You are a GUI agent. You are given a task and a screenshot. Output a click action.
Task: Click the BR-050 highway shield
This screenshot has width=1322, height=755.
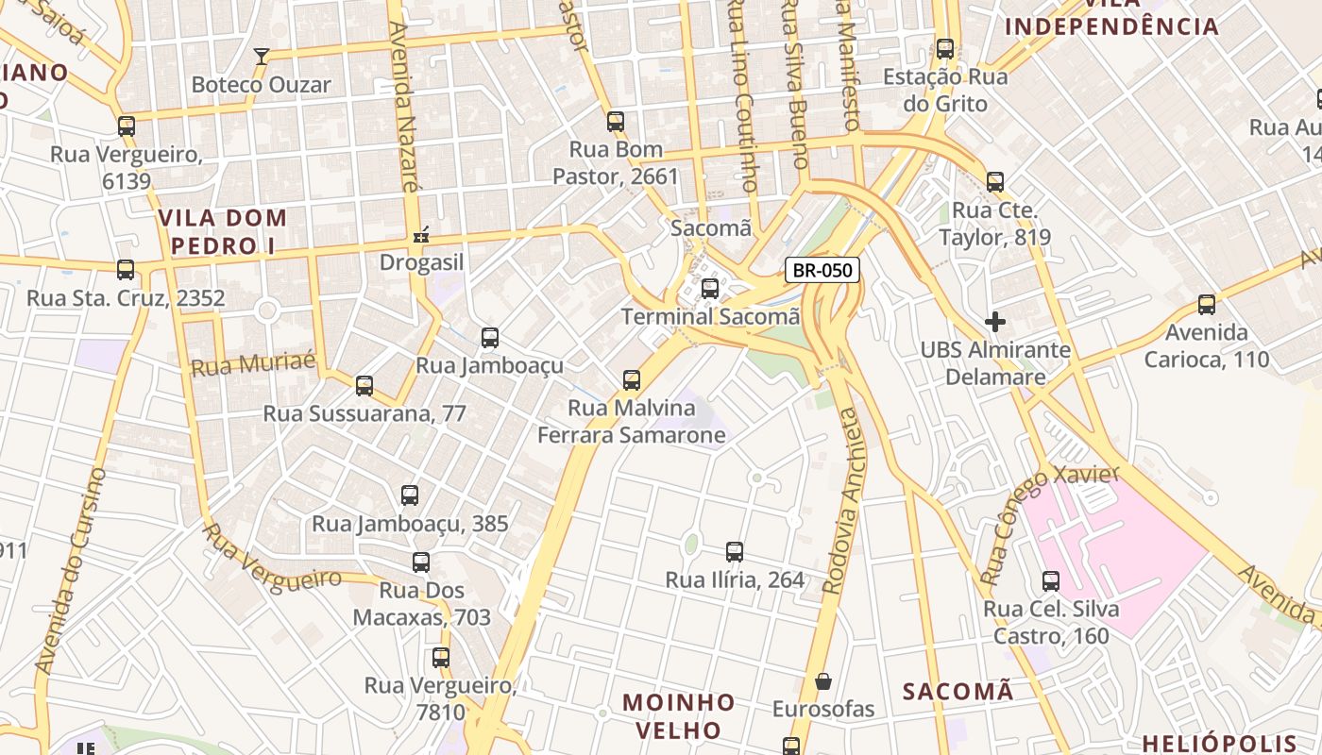pos(822,270)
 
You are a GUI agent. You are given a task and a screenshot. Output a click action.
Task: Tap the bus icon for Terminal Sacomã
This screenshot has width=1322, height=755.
pos(710,288)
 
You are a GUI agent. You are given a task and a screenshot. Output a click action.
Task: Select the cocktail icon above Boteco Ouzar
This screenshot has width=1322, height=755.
pos(262,57)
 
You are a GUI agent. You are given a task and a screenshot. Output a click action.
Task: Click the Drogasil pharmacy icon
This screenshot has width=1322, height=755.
pos(422,234)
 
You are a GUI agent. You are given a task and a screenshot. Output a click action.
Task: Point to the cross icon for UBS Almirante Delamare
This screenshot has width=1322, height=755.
pos(995,322)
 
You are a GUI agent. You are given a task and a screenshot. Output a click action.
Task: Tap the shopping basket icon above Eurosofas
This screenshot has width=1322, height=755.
pos(823,680)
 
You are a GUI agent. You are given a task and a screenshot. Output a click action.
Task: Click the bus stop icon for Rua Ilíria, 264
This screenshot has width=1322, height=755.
pos(735,552)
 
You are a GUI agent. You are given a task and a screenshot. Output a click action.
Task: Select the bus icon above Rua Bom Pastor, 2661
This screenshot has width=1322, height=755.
pos(616,121)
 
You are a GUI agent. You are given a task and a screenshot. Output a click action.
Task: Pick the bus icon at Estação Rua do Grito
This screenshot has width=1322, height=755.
pos(945,49)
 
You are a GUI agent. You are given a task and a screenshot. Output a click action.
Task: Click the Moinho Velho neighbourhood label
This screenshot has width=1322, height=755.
pos(678,716)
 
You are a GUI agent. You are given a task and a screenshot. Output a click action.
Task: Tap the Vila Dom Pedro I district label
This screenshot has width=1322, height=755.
pos(222,232)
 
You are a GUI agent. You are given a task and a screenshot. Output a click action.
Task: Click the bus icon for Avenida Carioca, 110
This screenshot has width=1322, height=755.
pos(1207,305)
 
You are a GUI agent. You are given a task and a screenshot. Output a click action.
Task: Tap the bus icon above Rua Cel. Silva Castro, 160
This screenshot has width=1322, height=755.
pos(1051,581)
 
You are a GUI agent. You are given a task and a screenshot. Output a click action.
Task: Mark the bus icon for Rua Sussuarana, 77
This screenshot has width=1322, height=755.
pos(364,385)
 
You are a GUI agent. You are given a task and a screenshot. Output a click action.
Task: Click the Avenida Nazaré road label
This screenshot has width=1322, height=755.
pos(403,109)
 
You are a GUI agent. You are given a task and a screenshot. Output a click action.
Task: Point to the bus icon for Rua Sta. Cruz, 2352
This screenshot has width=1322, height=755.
pos(126,270)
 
